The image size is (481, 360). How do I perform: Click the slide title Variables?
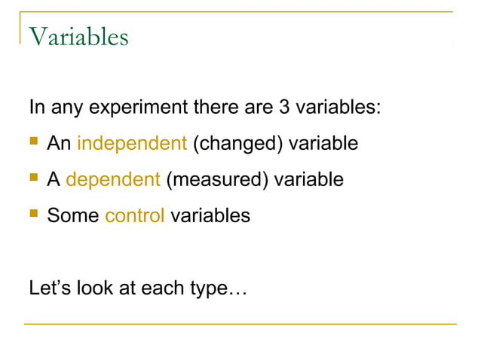pyautogui.click(x=78, y=36)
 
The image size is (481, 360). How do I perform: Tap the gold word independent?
pyautogui.click(x=132, y=143)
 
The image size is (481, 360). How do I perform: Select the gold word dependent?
pyautogui.click(x=113, y=180)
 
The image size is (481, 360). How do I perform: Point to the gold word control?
pyautogui.click(x=135, y=216)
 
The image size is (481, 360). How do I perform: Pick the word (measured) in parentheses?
pyautogui.click(x=216, y=180)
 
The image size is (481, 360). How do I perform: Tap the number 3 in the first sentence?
pyautogui.click(x=284, y=106)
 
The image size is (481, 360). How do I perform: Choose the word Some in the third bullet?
pyautogui.click(x=73, y=216)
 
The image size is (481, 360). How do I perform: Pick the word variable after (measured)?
pyautogui.click(x=308, y=180)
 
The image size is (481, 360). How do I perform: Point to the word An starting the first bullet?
pyautogui.click(x=59, y=143)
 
